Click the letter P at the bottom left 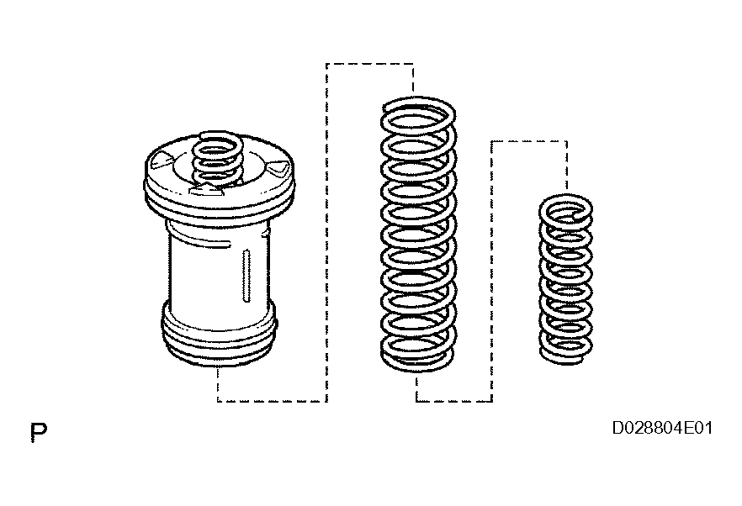pyautogui.click(x=39, y=432)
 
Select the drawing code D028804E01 pyautogui.click(x=663, y=428)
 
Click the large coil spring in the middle pyautogui.click(x=418, y=234)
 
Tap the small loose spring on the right pyautogui.click(x=566, y=279)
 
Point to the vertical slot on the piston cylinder pyautogui.click(x=246, y=276)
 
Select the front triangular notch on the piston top pyautogui.click(x=204, y=190)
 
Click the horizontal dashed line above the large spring pyautogui.click(x=369, y=64)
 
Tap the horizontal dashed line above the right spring pyautogui.click(x=529, y=141)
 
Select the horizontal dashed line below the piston pyautogui.click(x=272, y=401)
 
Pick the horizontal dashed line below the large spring pyautogui.click(x=454, y=401)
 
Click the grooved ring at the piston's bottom pyautogui.click(x=220, y=334)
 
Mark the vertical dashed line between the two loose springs pyautogui.click(x=491, y=271)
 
